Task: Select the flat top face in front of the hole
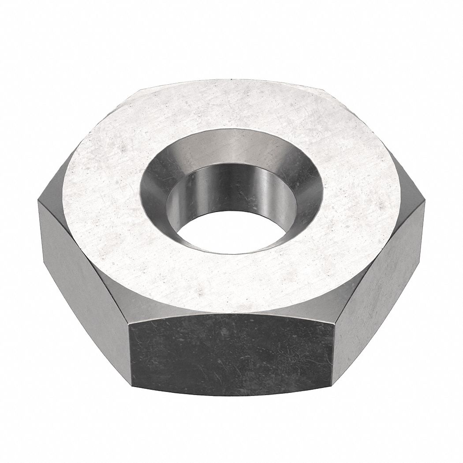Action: coord(229,282)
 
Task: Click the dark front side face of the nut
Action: coord(231,348)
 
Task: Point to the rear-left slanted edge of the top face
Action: coord(95,141)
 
